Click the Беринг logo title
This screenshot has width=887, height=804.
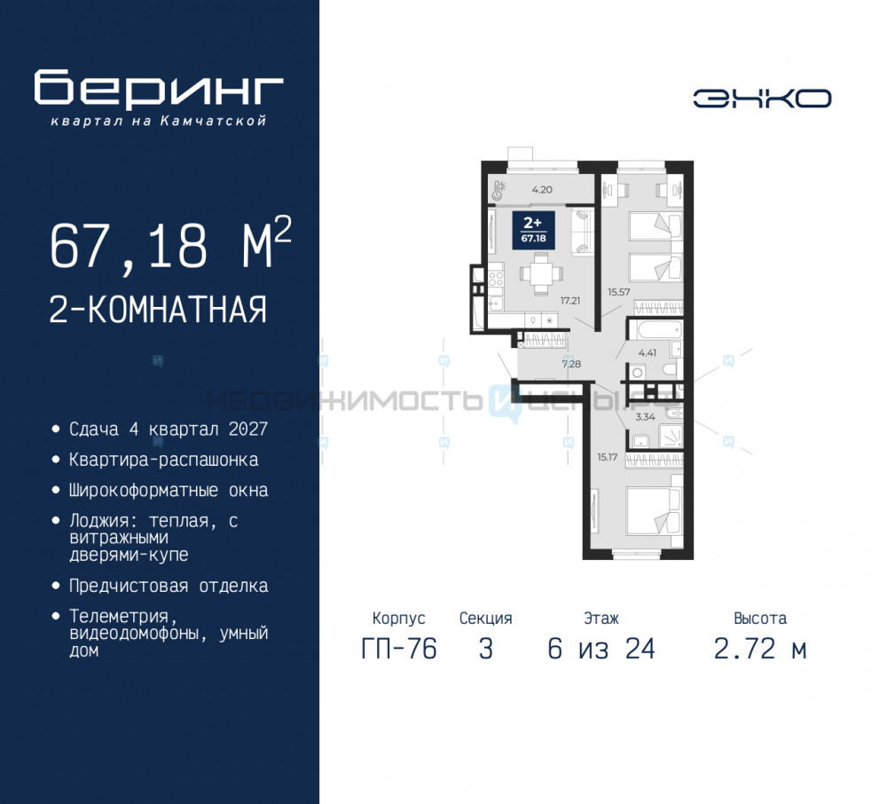pyautogui.click(x=159, y=90)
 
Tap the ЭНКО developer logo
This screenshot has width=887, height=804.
pyautogui.click(x=762, y=99)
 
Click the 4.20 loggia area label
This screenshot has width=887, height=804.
pyautogui.click(x=543, y=189)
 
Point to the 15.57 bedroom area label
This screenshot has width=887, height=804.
pyautogui.click(x=619, y=290)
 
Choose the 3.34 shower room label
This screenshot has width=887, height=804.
pyautogui.click(x=644, y=414)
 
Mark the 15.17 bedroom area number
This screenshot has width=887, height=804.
pyautogui.click(x=608, y=457)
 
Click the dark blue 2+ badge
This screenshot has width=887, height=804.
pyautogui.click(x=533, y=228)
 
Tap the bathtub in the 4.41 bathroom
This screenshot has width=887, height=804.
pyautogui.click(x=655, y=332)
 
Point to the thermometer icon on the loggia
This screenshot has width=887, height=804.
pyautogui.click(x=500, y=188)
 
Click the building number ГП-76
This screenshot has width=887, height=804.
pyautogui.click(x=399, y=650)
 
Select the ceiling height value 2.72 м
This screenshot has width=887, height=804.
pyautogui.click(x=760, y=650)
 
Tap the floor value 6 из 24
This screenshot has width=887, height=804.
pyautogui.click(x=601, y=650)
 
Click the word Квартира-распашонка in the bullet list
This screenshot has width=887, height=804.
pyautogui.click(x=164, y=460)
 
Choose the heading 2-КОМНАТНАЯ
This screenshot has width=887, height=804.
pyautogui.click(x=158, y=311)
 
